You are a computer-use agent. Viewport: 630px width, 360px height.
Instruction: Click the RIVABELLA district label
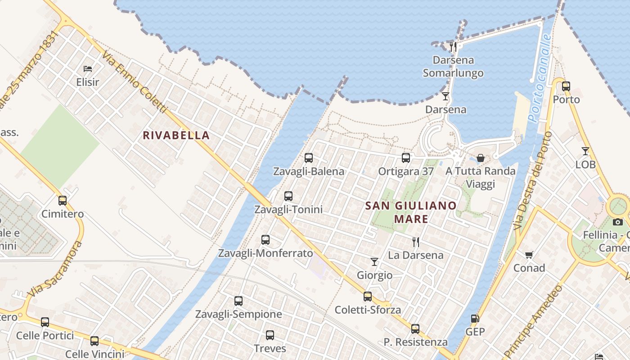coord(176,135)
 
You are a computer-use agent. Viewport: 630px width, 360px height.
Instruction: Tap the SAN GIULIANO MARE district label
coord(411,212)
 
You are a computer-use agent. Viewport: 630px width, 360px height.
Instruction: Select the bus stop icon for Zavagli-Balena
coord(309,158)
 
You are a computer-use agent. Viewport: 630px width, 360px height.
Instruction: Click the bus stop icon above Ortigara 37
coord(406,158)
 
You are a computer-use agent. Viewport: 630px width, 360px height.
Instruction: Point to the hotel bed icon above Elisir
coord(88,69)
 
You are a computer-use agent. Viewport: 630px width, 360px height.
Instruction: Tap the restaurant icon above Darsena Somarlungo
coord(453,46)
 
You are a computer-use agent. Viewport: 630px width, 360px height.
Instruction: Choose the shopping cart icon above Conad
coord(529,255)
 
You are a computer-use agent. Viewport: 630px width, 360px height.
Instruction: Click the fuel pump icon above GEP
coord(475,319)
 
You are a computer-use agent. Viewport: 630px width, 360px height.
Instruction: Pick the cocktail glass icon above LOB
coord(585,151)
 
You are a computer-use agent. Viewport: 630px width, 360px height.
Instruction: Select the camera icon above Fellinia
coord(618,222)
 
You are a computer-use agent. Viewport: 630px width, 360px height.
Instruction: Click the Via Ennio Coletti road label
coord(134,81)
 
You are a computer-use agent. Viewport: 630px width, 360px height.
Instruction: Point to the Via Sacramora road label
coord(55,269)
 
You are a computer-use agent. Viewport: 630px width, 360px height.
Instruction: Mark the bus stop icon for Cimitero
coord(63,201)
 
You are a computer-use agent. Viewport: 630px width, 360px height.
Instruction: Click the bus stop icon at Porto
coord(566,86)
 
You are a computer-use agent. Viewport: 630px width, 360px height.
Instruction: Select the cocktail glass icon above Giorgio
coord(374,261)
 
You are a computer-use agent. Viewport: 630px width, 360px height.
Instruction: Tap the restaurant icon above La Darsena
coord(416,242)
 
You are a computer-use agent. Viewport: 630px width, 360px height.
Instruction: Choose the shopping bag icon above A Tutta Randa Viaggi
coord(481,158)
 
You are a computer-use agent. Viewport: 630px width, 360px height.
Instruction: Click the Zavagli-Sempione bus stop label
coord(238,314)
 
